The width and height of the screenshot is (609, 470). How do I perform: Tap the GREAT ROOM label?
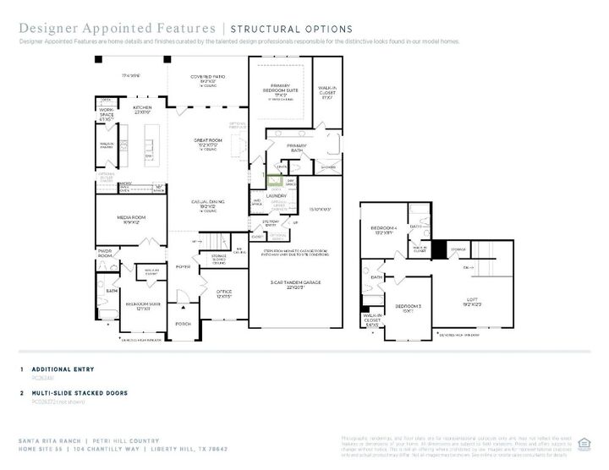(x=208, y=142)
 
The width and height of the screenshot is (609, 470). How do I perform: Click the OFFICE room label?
(x=224, y=292)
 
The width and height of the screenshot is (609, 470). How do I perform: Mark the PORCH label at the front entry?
(x=183, y=323)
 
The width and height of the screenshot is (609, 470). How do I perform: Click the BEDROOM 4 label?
(x=383, y=228)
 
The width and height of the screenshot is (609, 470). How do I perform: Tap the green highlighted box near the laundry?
(x=275, y=179)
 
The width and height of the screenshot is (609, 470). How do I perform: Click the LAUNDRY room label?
(x=277, y=195)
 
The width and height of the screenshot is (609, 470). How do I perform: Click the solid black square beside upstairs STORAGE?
(x=438, y=249)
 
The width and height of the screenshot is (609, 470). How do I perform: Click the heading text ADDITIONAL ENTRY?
(x=63, y=369)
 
